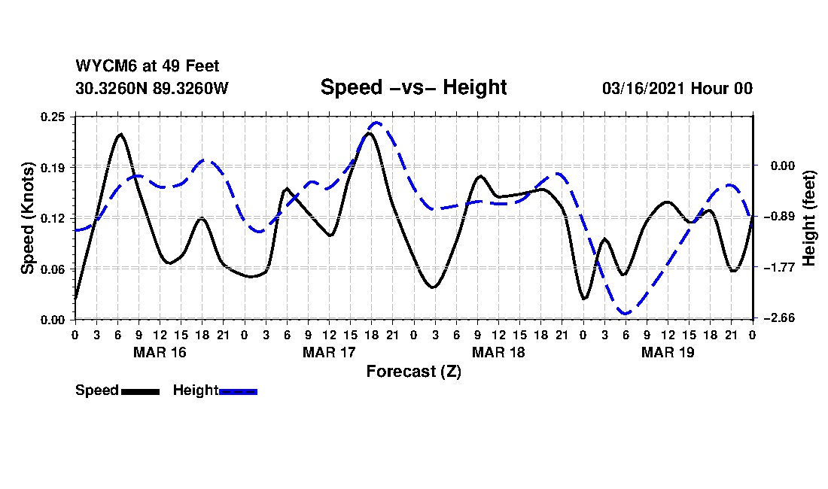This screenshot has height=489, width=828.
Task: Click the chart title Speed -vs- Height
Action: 413,87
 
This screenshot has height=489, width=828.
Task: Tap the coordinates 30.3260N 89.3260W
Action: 151,88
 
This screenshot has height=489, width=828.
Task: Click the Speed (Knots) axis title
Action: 28,217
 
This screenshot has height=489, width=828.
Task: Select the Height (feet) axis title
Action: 810,217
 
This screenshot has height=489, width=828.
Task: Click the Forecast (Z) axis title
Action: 413,372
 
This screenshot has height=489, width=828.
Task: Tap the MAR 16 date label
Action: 160,352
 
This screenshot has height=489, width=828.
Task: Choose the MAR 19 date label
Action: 668,352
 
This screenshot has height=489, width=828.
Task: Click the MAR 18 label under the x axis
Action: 498,352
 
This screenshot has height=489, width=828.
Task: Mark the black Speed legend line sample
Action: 140,391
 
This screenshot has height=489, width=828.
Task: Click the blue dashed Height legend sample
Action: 238,391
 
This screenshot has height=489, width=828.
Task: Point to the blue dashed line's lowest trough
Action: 625,313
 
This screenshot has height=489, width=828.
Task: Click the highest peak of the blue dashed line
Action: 377,123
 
